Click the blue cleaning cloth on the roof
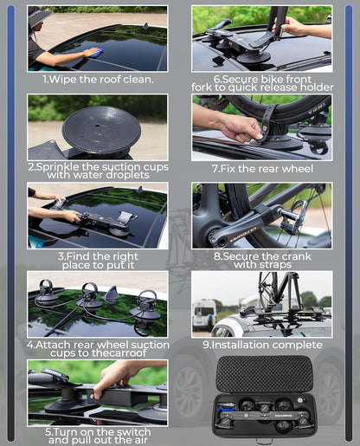pos(95,53)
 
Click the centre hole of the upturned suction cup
pos(98,126)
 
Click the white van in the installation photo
pos(204,315)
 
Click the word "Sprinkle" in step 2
pos(58,167)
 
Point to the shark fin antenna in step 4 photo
pos(111,294)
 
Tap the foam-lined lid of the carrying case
pos(264,374)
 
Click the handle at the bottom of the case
pos(264,442)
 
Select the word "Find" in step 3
pos(79,256)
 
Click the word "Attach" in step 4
pos(53,345)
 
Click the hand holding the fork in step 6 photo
pos(289,27)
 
